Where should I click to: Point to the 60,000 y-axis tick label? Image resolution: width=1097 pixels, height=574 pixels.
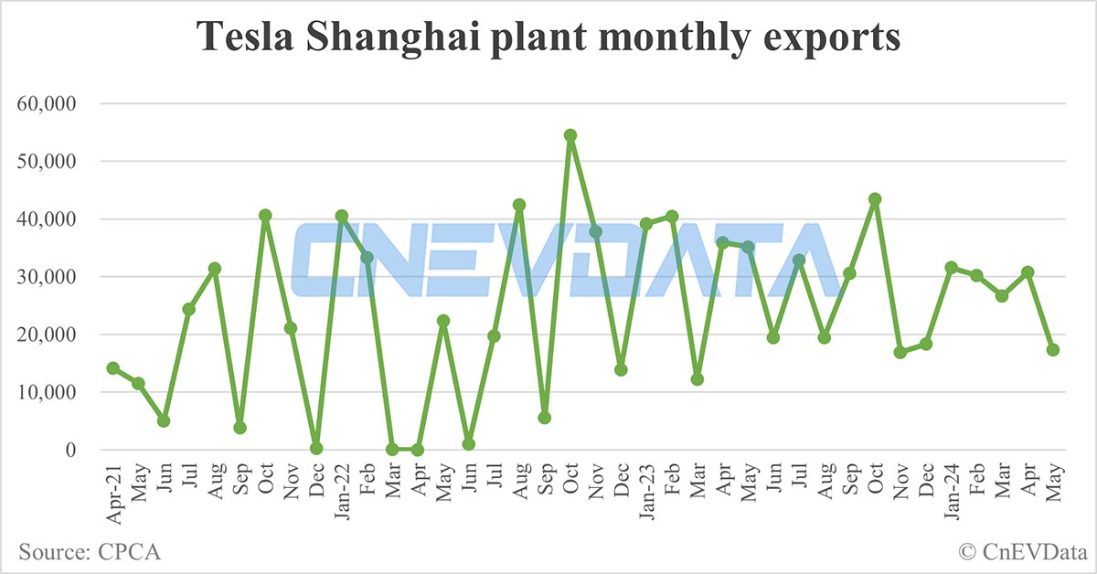coord(47,104)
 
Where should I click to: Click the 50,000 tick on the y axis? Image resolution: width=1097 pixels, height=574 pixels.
coord(47,162)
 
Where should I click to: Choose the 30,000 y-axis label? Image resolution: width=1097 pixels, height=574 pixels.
coord(47,277)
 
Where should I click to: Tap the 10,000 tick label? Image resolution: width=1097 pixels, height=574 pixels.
coord(47,392)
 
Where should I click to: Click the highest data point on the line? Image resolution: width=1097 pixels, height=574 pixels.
coord(570,135)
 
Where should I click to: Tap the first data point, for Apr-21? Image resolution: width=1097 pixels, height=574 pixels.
coord(112,368)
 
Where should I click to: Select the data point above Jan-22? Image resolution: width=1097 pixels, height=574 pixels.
coord(342,217)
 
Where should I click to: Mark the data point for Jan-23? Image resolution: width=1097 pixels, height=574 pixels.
coord(646,224)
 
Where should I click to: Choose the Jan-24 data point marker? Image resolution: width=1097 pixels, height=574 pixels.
coord(952,268)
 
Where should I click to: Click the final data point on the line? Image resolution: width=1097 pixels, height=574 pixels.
coord(1053,350)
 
